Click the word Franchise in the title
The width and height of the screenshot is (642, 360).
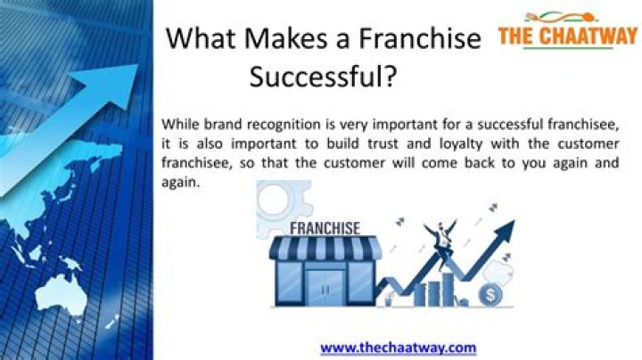[420, 40]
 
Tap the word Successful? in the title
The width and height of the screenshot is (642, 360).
[322, 78]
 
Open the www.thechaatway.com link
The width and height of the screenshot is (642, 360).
[398, 348]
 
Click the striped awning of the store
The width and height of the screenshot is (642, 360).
[324, 250]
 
